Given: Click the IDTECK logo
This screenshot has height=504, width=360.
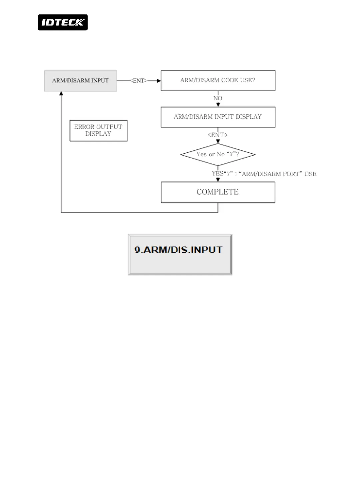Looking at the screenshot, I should (x=63, y=22).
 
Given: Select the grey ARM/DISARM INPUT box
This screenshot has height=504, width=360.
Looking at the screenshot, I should (x=80, y=81).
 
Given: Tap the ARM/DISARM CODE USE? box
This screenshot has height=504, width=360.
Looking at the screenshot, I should (x=218, y=80).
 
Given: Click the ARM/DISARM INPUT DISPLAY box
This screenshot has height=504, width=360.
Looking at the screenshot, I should (x=218, y=117).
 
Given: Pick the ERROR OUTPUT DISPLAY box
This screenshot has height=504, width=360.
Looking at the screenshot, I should (x=98, y=131).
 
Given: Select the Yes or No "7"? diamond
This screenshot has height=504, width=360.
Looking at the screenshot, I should (x=218, y=154).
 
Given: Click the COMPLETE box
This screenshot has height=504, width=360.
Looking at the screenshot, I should (x=218, y=192).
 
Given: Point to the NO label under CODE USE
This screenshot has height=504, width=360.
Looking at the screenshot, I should (x=218, y=98).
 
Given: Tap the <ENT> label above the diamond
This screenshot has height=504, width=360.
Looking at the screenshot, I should (x=218, y=135).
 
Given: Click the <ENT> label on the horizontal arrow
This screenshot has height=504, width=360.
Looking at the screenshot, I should (x=139, y=81).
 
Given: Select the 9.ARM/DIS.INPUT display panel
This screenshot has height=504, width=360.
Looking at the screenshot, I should (x=180, y=254).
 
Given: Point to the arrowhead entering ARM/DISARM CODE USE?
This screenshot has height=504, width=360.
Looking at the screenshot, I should (x=159, y=81).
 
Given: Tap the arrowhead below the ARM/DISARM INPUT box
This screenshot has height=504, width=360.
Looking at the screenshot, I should (x=61, y=94).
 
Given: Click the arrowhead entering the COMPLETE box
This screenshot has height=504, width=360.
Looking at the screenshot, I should (x=218, y=180).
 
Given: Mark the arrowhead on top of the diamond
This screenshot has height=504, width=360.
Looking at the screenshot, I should (x=218, y=142).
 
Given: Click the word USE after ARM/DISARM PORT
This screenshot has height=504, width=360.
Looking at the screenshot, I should (x=310, y=174).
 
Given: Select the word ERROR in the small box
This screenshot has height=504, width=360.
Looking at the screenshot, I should (x=84, y=127).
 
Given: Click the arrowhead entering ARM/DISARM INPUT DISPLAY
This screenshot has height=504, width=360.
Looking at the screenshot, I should (x=218, y=105).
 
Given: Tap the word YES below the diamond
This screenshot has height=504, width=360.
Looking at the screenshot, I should (x=218, y=174).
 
